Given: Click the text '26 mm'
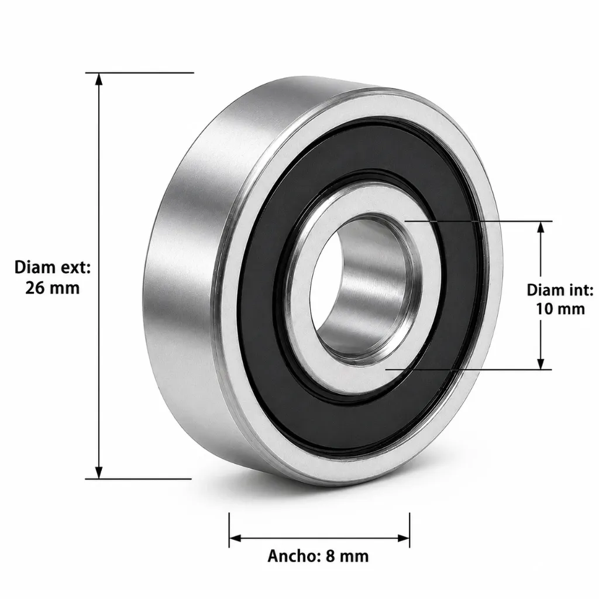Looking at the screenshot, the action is coord(52,288).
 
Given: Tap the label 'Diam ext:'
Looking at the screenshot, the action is coord(52,267).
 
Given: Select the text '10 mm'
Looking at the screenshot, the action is coord(560,309).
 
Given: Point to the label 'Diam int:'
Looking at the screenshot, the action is coord(560,290).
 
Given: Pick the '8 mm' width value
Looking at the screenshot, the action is coord(347,556).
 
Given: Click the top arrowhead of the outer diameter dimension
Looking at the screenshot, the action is coord(99,79).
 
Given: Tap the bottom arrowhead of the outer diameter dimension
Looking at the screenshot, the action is coord(99,472).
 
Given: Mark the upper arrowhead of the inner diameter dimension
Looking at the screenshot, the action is coord(541,228).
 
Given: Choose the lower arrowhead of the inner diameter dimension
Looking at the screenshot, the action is coord(541,363).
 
